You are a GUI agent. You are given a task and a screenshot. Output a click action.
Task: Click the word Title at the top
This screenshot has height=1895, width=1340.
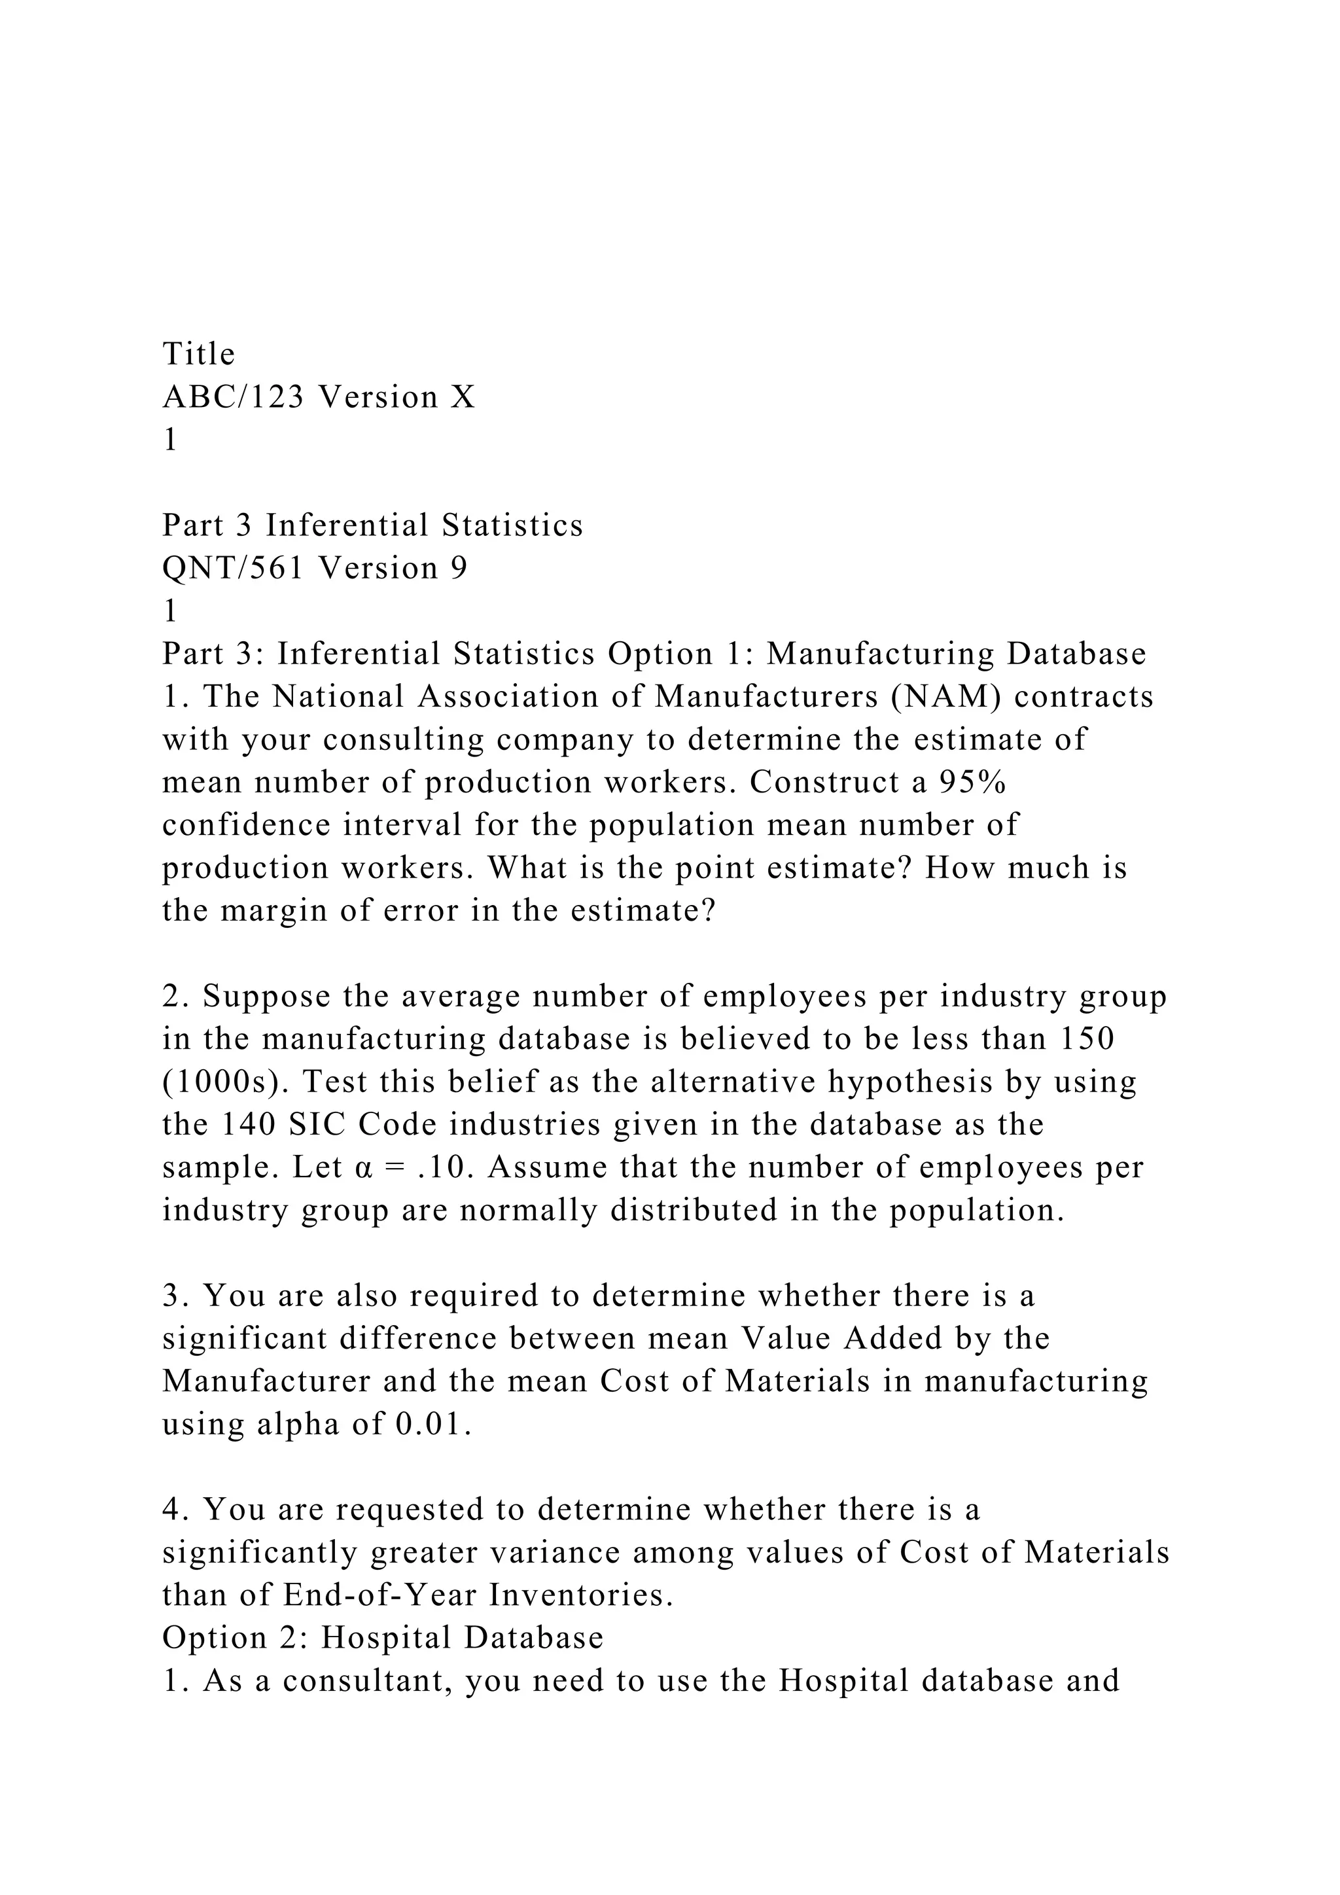point(199,354)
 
